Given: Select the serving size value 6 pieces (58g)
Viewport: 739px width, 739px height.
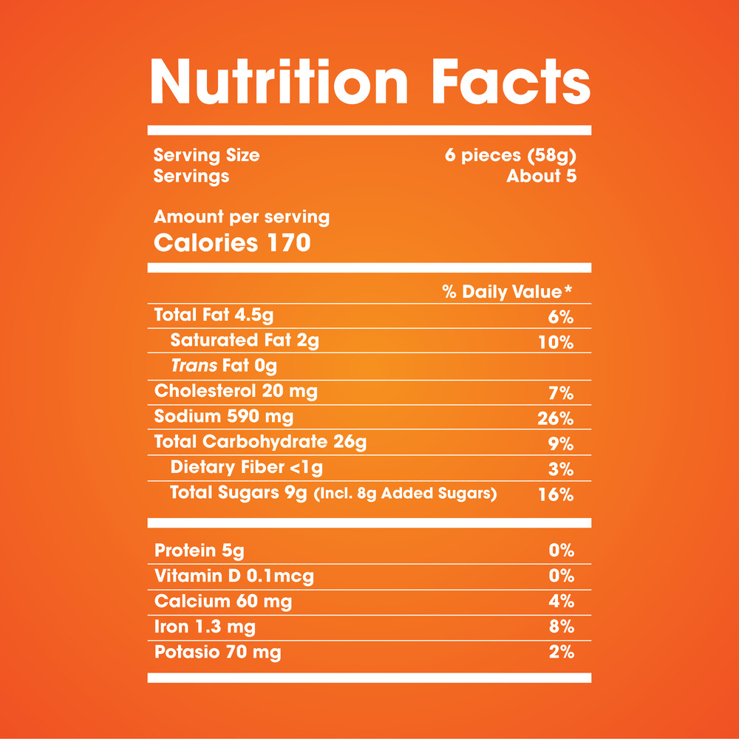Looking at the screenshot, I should (510, 156).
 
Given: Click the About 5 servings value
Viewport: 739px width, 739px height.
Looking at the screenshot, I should (541, 176).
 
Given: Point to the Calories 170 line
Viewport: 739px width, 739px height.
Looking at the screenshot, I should (232, 242).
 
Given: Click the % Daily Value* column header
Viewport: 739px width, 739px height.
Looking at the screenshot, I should (508, 292).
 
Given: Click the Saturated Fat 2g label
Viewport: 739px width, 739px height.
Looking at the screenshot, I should (244, 341).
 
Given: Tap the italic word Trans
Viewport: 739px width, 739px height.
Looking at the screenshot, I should (194, 365).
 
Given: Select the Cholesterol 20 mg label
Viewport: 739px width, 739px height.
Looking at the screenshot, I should (236, 391).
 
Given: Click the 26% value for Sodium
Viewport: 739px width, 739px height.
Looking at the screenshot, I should (556, 419).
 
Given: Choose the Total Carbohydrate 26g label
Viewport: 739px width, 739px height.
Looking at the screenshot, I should (260, 442).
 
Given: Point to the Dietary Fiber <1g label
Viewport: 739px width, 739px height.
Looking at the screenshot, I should (246, 467).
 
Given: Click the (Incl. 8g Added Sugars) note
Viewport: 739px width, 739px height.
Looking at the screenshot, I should (405, 494).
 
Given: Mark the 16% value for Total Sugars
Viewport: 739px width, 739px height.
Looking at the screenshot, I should (556, 494).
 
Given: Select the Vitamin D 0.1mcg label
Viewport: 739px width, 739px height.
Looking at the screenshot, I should (234, 576).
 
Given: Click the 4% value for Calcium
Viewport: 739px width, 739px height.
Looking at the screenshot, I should (562, 602).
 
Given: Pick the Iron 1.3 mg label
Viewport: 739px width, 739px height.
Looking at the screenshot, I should (205, 627).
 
